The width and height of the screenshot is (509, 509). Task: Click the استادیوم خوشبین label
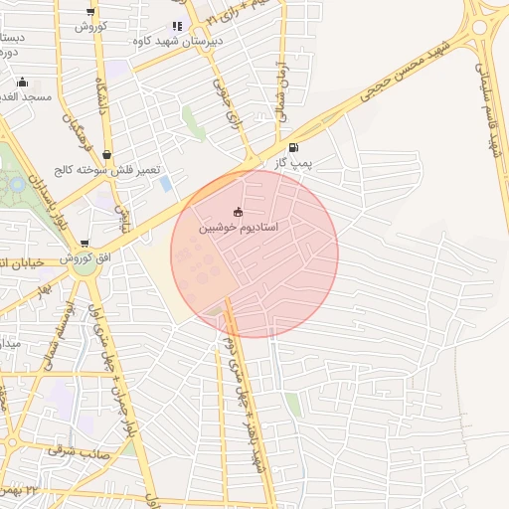click(x=239, y=228)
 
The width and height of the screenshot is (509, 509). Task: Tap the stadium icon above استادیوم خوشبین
click(x=237, y=212)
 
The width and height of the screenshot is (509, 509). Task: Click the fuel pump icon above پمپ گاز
click(x=292, y=148)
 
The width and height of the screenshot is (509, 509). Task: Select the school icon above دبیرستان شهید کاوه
click(x=177, y=26)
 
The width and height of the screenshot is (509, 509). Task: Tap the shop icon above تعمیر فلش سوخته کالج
click(x=106, y=153)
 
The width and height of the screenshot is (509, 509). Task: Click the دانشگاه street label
click(x=101, y=99)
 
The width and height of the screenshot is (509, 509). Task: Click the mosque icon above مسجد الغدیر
click(x=22, y=82)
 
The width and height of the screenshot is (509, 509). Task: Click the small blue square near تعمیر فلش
click(x=165, y=184)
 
